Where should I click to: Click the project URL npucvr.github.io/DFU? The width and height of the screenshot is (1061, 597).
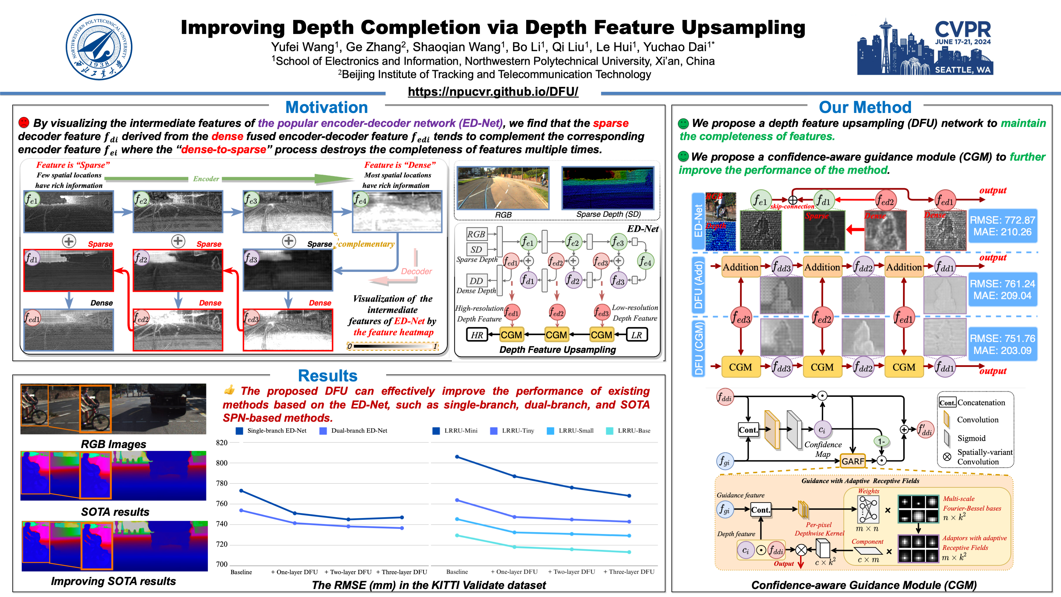click(493, 92)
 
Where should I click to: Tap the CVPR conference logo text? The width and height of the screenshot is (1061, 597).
click(963, 29)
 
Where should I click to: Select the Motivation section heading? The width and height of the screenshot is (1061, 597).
click(327, 107)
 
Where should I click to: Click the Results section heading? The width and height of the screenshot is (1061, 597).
click(328, 376)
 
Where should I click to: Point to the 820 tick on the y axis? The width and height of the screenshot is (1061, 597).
click(222, 442)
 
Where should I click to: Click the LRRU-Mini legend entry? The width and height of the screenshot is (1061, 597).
click(455, 430)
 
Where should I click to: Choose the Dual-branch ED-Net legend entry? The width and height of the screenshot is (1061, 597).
click(353, 430)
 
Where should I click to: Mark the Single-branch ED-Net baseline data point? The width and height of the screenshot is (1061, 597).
click(241, 491)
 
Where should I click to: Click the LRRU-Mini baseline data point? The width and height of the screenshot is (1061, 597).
click(457, 457)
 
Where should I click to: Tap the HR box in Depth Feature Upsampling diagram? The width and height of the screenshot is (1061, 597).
click(477, 335)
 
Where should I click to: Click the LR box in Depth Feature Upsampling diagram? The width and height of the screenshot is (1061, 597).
click(637, 335)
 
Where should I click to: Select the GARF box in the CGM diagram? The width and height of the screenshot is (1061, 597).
click(853, 461)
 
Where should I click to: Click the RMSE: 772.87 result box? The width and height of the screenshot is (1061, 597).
click(1003, 226)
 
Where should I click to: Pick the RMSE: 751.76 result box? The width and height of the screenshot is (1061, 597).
click(1003, 345)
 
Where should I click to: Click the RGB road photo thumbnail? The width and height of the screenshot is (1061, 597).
click(503, 188)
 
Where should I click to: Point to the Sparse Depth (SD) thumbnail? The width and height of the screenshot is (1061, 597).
click(608, 188)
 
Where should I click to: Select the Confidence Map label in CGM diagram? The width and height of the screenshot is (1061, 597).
click(823, 449)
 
